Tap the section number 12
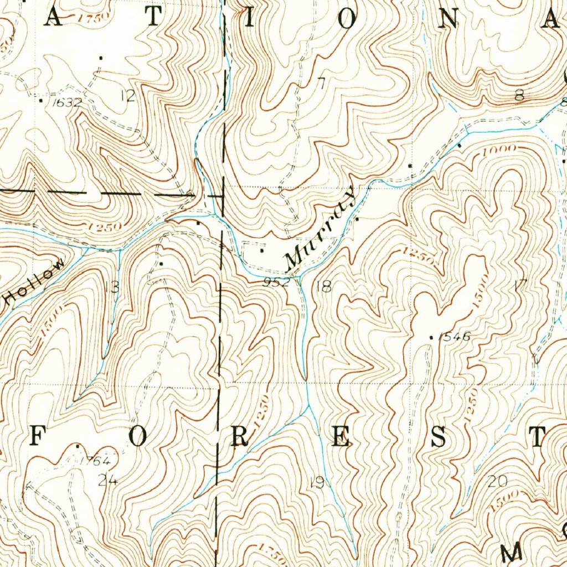tap(128, 96)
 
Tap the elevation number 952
tap(277, 282)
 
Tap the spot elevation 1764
tap(95, 461)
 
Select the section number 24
tap(109, 480)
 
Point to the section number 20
tap(498, 481)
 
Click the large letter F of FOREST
tap(36, 437)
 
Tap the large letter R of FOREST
tap(239, 437)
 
